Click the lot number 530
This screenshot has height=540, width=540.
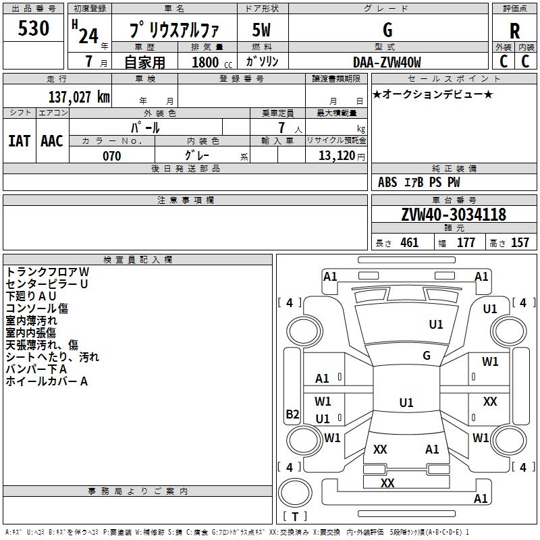coord(34,28)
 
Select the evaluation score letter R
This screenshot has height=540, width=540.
coord(514,31)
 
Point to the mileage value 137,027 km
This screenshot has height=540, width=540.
coord(79,97)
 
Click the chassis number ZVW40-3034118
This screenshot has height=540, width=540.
coord(454,215)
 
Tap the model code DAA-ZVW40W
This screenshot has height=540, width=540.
coord(387,62)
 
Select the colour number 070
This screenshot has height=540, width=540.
coord(111,156)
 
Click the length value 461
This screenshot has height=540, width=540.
coord(409,242)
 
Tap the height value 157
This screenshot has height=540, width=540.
coord(520,242)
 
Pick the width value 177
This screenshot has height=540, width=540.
coord(466,242)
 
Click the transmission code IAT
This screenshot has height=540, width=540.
coord(19,140)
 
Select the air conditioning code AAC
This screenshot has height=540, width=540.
coord(52,140)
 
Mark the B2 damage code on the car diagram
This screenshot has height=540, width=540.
coord(292,414)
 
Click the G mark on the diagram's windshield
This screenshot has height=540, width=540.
coord(427,356)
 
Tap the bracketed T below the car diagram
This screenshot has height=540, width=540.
coord(294,516)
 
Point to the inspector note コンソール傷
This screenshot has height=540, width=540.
coord(37,308)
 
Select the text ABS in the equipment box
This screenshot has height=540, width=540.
coord(387,182)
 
